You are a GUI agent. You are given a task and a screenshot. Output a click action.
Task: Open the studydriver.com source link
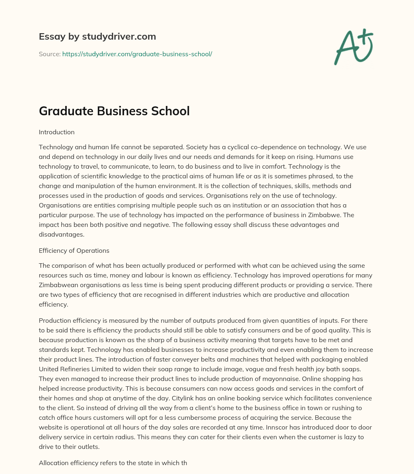tap(137, 54)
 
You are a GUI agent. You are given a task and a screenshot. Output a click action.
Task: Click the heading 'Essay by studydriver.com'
tap(97, 36)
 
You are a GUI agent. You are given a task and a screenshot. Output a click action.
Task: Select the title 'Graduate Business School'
tap(114, 111)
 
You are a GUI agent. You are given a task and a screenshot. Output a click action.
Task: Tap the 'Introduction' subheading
tap(57, 132)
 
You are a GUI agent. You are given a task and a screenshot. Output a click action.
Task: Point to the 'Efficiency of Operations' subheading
tap(74, 250)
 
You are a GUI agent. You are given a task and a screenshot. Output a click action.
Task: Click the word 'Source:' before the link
tap(50, 54)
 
